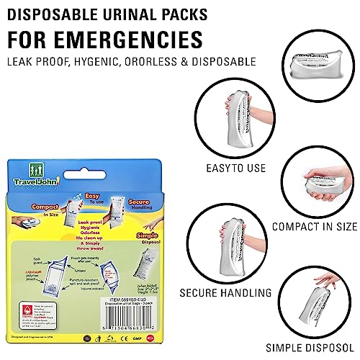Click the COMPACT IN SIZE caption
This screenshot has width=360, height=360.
314,226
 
